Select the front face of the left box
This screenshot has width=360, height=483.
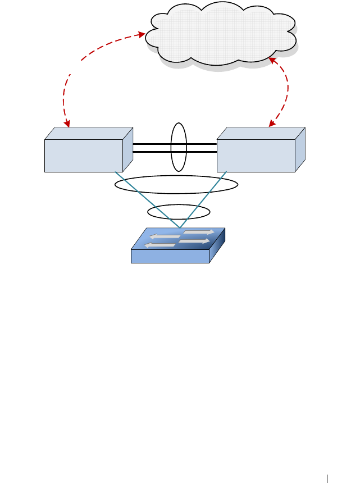[84, 156]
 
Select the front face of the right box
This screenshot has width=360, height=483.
[256, 156]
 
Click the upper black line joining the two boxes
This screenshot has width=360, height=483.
[152, 144]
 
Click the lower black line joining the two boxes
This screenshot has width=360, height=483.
[152, 152]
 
